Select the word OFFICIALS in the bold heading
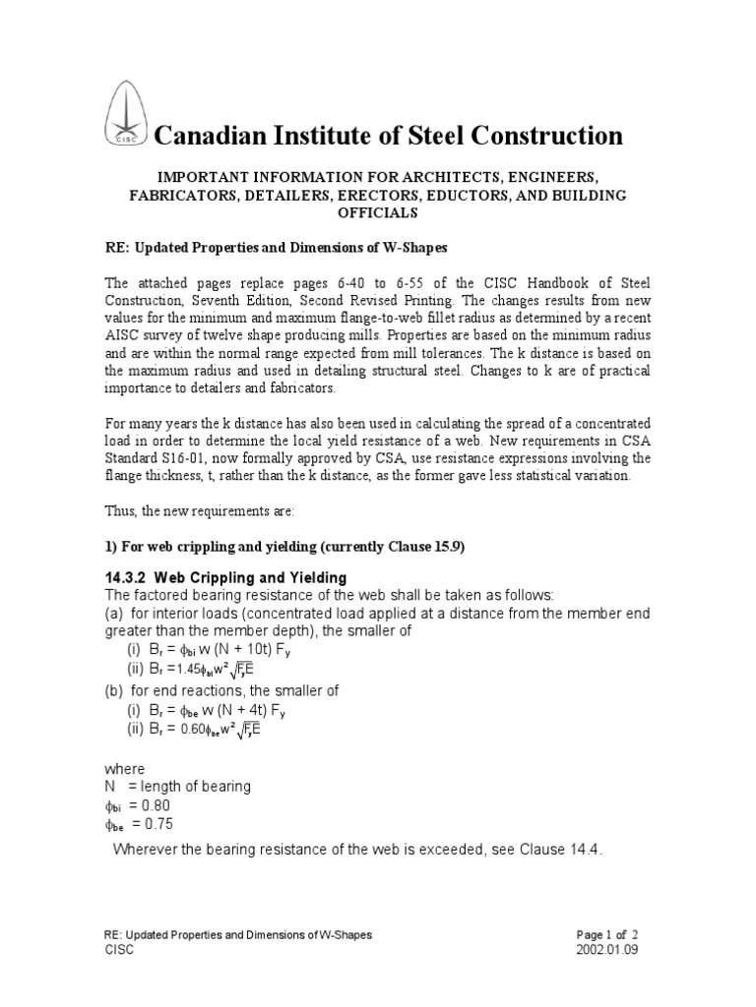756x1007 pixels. coord(379,212)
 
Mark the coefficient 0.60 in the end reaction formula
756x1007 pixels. coord(205,729)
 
